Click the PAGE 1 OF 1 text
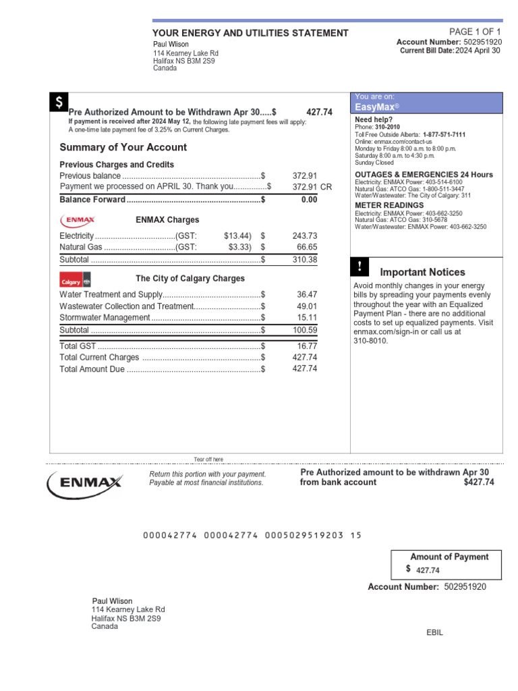click(x=475, y=32)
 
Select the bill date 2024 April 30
click(x=478, y=51)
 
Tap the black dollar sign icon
click(x=59, y=103)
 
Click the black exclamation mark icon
click(x=359, y=267)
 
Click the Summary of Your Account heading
click(x=123, y=147)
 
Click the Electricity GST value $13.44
click(x=237, y=236)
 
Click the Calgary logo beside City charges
click(x=76, y=280)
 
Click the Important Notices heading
click(x=422, y=272)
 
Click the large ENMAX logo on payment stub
click(x=84, y=482)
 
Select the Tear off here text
click(x=208, y=460)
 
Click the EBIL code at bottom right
click(x=435, y=632)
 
